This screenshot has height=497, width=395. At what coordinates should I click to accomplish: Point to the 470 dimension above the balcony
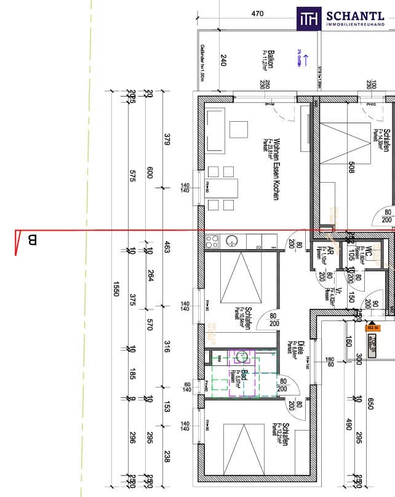pyautogui.click(x=258, y=14)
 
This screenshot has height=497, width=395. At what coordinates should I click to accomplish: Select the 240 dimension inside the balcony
pyautogui.click(x=223, y=60)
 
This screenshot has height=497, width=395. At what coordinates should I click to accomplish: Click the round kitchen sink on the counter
pyautogui.click(x=232, y=240)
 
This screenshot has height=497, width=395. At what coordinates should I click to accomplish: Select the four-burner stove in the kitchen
pyautogui.click(x=212, y=240)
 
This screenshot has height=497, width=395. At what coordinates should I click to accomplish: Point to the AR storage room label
pyautogui.click(x=330, y=254)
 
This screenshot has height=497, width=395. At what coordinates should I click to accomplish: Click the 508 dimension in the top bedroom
pyautogui.click(x=351, y=167)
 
